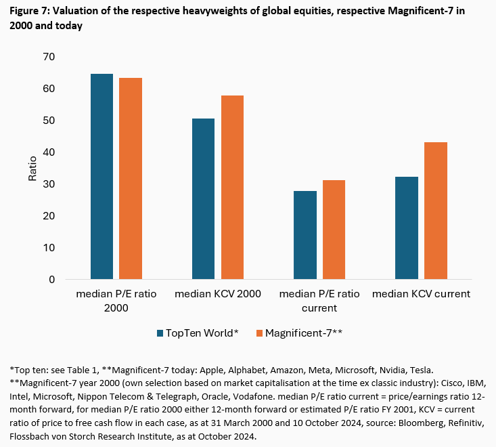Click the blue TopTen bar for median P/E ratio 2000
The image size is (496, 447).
[x=102, y=177]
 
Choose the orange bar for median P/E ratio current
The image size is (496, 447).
[x=334, y=230]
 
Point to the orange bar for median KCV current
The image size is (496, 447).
[x=435, y=211]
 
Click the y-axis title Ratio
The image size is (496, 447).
[x=32, y=168]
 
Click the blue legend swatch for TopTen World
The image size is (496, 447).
[x=160, y=333]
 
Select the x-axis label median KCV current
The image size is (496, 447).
[x=422, y=295]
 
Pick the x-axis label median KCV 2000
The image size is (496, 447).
[x=218, y=295]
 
